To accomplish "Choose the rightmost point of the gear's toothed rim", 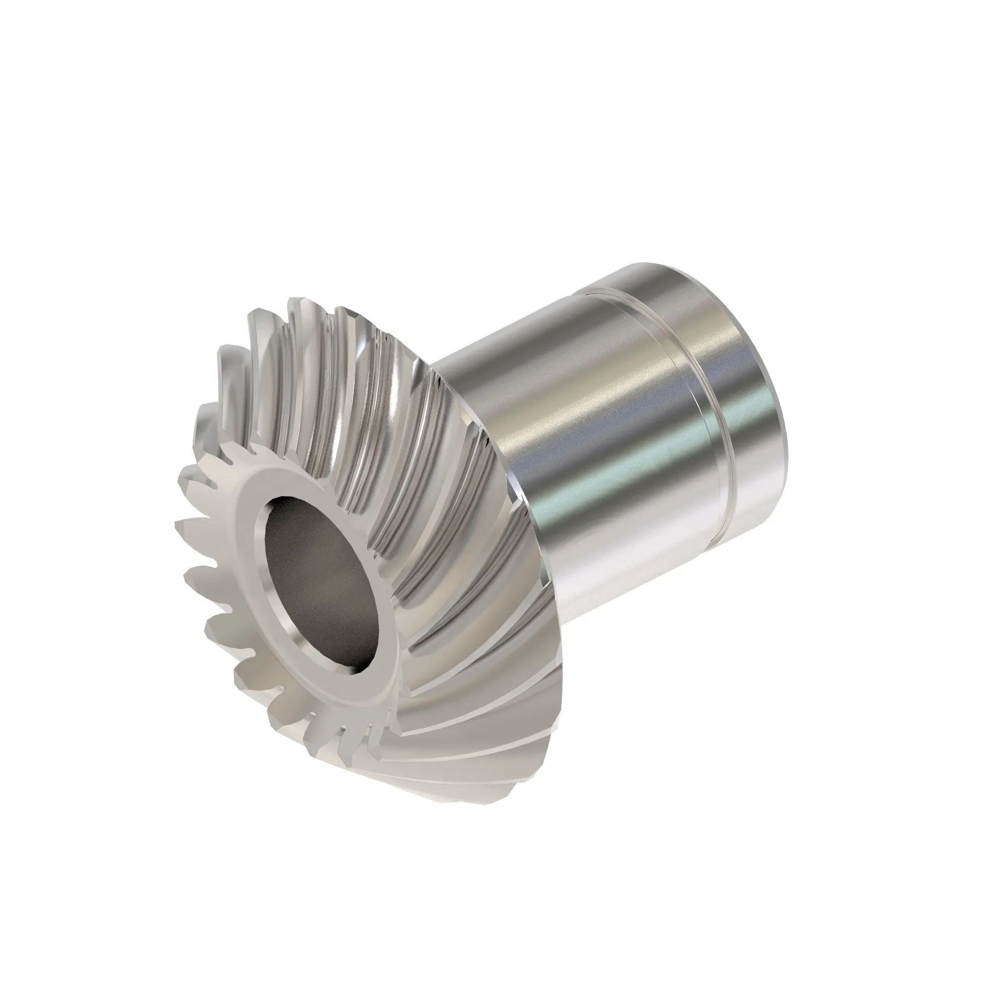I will pyautogui.click(x=562, y=687).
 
